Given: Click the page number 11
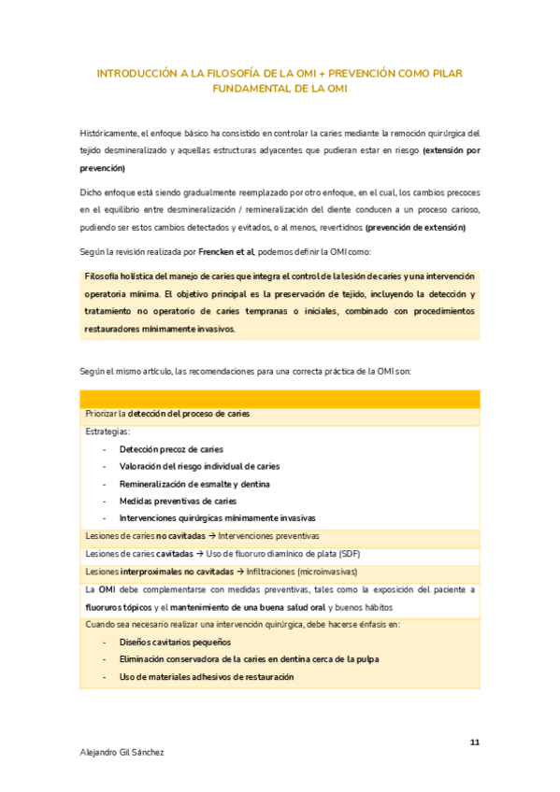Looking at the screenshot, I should pyautogui.click(x=474, y=742).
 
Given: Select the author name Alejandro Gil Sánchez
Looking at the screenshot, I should pyautogui.click(x=123, y=751).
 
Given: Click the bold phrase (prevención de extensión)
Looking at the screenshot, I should pyautogui.click(x=414, y=228).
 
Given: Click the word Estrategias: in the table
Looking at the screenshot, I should pyautogui.click(x=108, y=431).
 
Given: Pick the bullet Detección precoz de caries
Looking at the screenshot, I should pyautogui.click(x=171, y=449).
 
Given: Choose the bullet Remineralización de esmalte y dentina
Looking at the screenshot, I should pyautogui.click(x=194, y=484).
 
